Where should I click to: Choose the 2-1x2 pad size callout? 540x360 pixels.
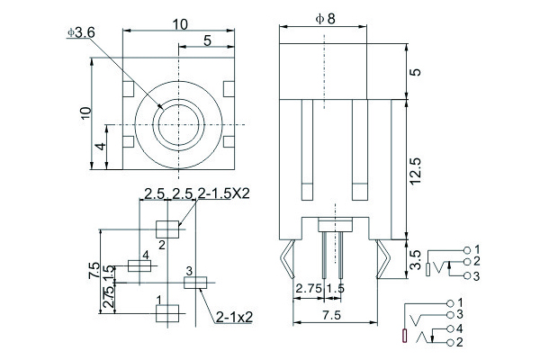(x=232, y=318)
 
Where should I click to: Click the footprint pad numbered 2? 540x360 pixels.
(x=168, y=228)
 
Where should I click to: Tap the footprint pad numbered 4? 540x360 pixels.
(x=140, y=265)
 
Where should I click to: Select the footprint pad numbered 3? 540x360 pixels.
(x=196, y=283)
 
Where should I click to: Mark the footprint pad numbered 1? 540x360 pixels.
(x=168, y=312)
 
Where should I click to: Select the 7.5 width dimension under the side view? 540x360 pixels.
(x=330, y=316)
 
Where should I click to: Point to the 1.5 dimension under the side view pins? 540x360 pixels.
(x=335, y=288)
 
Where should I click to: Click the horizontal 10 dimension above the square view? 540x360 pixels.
(x=181, y=25)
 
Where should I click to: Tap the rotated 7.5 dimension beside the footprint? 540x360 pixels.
(x=93, y=271)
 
